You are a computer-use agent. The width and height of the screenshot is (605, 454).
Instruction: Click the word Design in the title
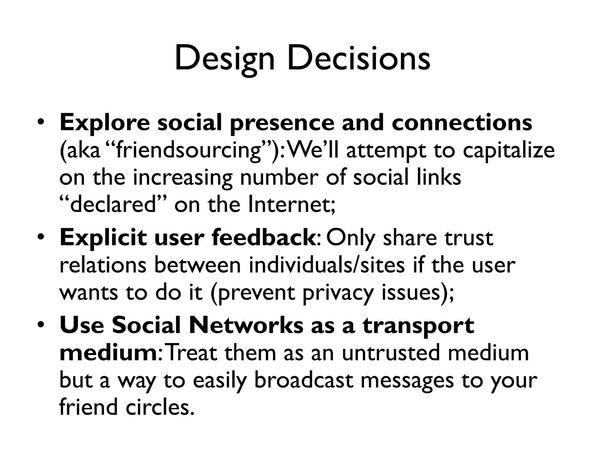(225, 59)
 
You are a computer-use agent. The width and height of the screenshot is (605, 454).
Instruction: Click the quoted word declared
(112, 205)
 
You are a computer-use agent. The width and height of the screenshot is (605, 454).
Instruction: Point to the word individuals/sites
(327, 265)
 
